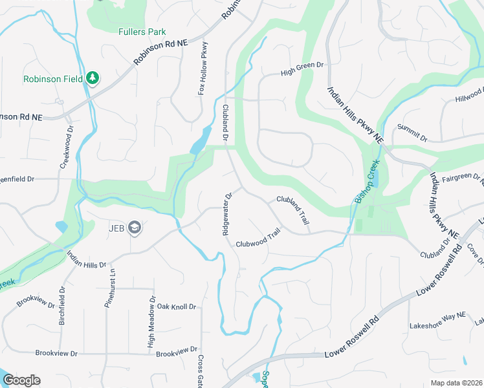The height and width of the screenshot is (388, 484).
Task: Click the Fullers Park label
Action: (142, 32)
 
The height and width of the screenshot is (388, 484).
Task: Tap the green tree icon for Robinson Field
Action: (93, 78)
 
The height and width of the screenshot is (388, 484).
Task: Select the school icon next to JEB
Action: (135, 227)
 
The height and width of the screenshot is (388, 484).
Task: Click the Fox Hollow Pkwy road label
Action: (203, 69)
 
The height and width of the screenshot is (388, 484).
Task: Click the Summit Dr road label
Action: (413, 133)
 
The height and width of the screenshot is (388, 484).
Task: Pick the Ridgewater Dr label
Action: (228, 213)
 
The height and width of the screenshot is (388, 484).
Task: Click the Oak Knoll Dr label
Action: (177, 306)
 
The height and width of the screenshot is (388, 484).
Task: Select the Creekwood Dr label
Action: (64, 148)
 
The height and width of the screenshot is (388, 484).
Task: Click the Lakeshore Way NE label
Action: (437, 326)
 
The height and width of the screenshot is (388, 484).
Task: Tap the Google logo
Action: (21, 380)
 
